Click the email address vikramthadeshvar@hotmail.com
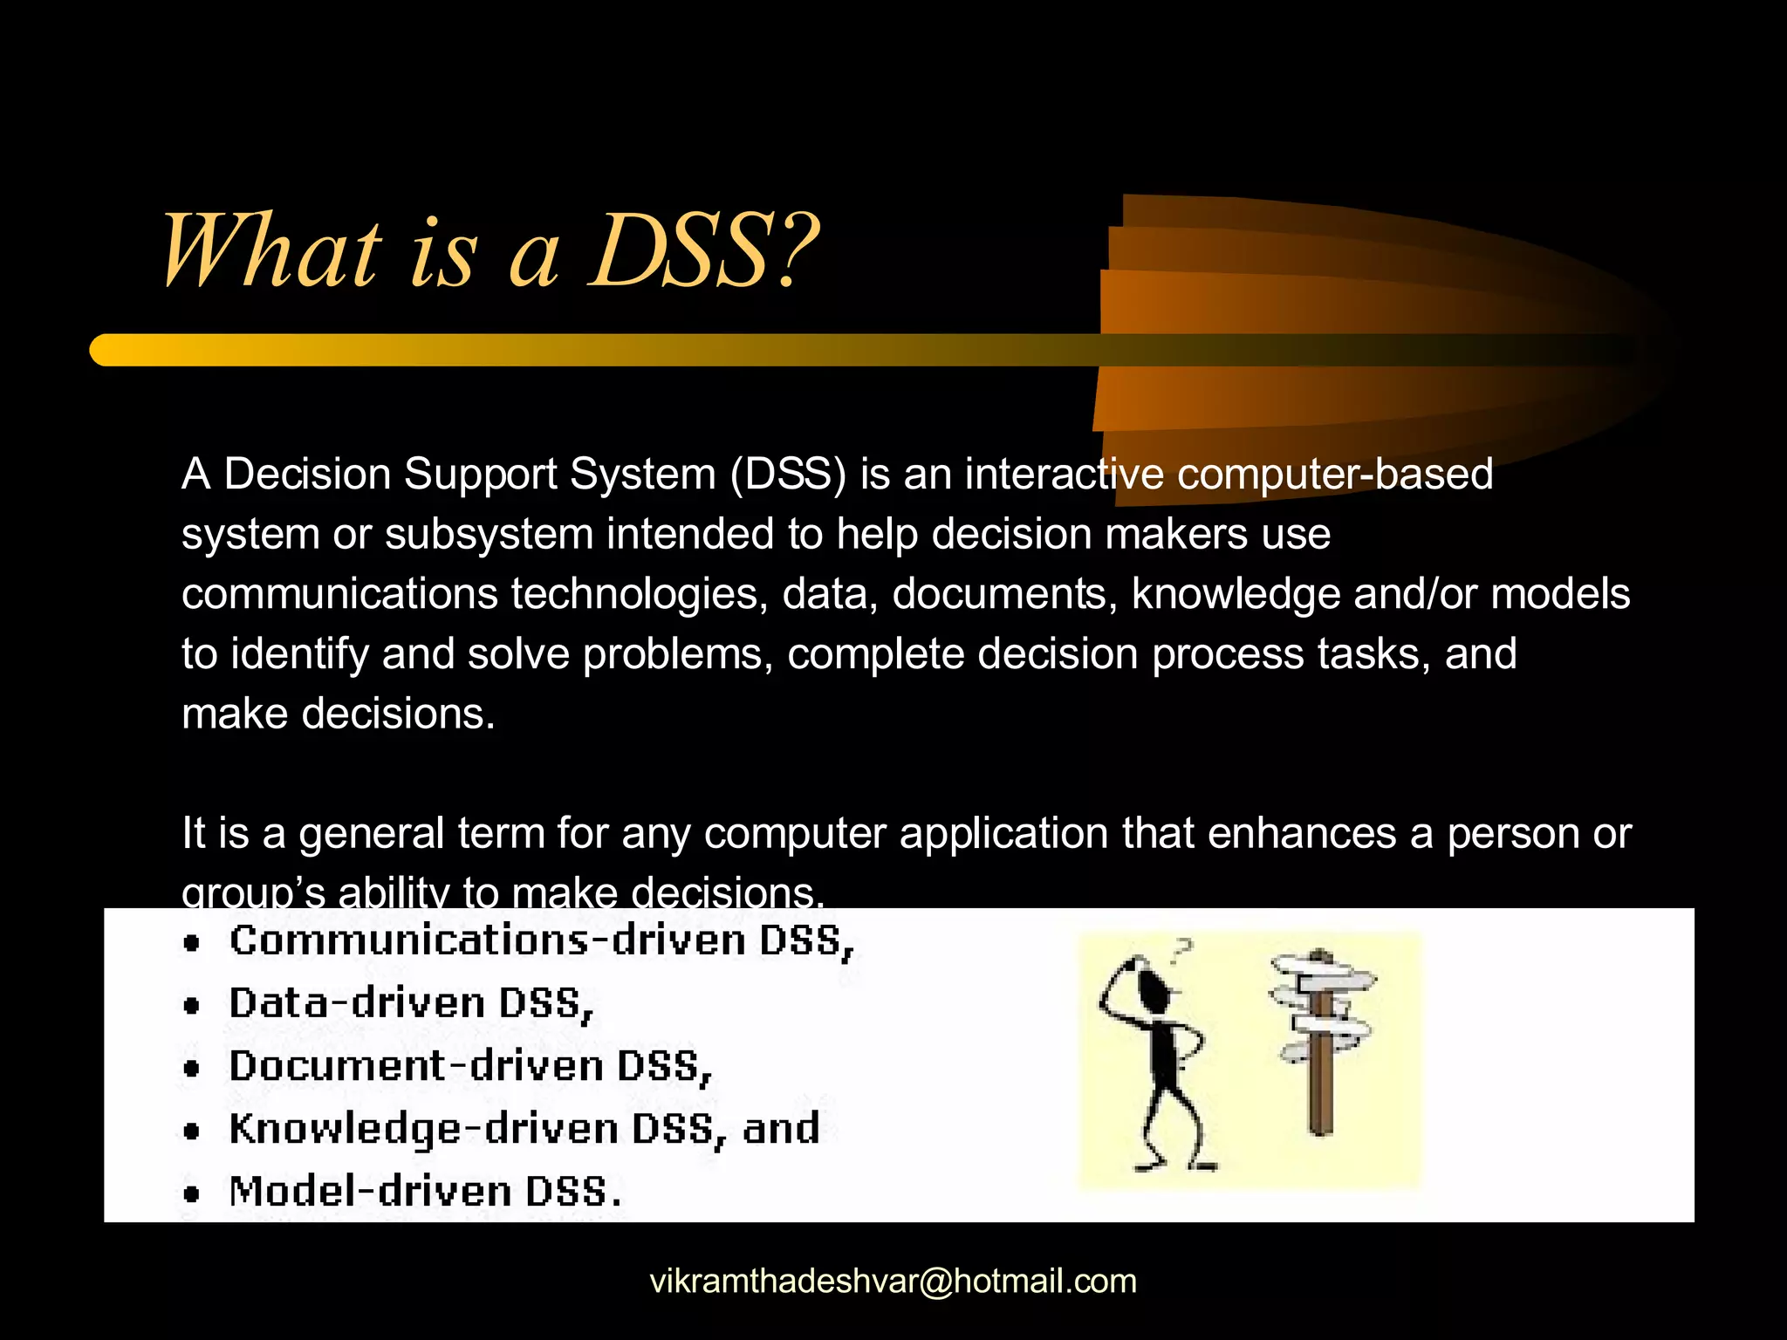pos(893,1281)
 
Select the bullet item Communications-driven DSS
pos(541,940)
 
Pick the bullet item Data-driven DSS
pos(410,1003)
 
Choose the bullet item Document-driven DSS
pos(469,1066)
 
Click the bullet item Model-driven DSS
pos(425,1192)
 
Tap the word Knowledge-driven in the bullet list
pos(424,1129)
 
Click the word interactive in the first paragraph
pos(1064,475)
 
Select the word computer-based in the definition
pos(1335,475)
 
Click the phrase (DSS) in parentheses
pos(788,475)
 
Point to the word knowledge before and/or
pos(1235,594)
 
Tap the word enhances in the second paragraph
pos(1301,833)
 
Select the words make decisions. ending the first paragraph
pos(339,714)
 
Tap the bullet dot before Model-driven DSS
pos(192,1193)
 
